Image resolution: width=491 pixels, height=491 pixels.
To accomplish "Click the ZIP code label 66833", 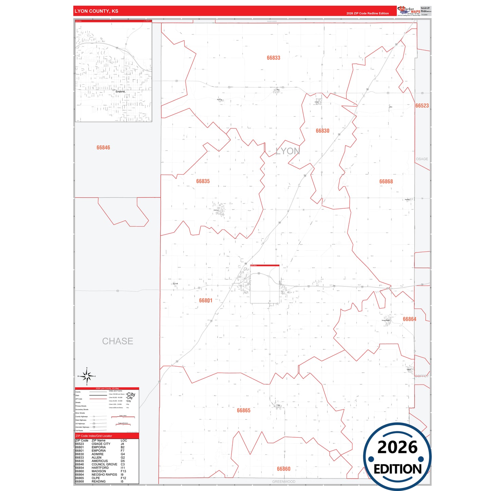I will click(x=273, y=58).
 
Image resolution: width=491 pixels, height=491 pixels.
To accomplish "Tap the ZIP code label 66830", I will click(x=322, y=131).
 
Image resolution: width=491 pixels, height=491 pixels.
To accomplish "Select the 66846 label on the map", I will click(x=103, y=147).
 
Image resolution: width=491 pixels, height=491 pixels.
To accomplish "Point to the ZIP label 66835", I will click(x=203, y=181).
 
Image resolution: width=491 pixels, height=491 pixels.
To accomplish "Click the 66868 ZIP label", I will click(x=386, y=181).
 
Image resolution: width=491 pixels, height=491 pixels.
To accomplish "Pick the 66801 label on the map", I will click(x=206, y=300).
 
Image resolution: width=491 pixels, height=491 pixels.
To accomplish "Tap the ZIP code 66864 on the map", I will click(x=409, y=319).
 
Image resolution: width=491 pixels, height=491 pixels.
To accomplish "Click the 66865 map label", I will click(x=244, y=410).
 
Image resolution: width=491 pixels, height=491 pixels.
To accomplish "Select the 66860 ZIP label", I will click(x=283, y=469).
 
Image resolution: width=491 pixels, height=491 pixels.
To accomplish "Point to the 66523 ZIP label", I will click(x=422, y=106).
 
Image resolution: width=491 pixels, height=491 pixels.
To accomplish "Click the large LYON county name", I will click(x=288, y=151).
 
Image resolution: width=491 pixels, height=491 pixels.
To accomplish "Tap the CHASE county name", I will click(x=118, y=341).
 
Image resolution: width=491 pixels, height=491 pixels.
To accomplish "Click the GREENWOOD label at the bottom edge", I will click(x=284, y=481).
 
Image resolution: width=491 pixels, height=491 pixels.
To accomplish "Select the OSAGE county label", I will click(x=422, y=159).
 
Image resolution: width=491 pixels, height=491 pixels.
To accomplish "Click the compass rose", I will click(x=87, y=376).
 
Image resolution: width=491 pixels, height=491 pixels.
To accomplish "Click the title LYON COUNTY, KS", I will click(x=97, y=11).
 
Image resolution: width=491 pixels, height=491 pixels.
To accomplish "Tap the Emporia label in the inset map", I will click(x=120, y=92).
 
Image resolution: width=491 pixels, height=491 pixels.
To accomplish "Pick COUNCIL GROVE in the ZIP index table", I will click(x=104, y=464).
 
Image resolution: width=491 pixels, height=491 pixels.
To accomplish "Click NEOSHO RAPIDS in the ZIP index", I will click(x=104, y=475).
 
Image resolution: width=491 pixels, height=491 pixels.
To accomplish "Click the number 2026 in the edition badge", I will click(x=397, y=447).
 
